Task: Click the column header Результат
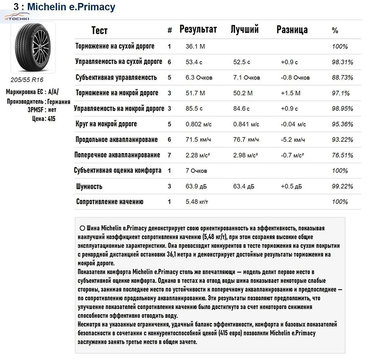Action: (x=198, y=30)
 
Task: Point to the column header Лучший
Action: (x=244, y=30)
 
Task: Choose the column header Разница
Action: (x=292, y=30)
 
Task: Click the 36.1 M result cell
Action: (x=196, y=46)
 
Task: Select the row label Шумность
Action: (x=89, y=186)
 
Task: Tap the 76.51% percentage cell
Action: (x=343, y=155)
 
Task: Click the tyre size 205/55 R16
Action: (x=27, y=80)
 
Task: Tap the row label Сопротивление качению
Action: (x=110, y=202)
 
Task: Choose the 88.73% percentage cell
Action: (x=343, y=77)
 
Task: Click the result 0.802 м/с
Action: (x=199, y=124)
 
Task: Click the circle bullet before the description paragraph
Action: (x=82, y=228)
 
